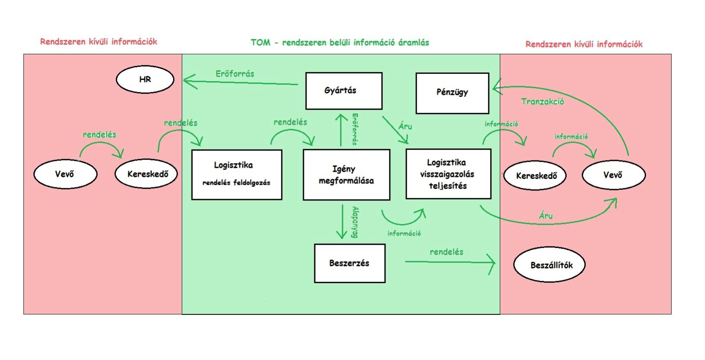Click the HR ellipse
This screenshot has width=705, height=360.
pos(145,79)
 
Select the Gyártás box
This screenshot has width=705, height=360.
pos(344,91)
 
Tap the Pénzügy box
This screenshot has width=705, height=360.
pos(452,93)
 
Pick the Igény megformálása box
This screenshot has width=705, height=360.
pos(346,175)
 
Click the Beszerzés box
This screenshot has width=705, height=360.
pos(349,263)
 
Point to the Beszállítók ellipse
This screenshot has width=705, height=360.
pos(549,265)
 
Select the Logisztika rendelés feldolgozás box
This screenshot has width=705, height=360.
pos(237,174)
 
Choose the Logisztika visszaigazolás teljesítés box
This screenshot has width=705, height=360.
pos(448,174)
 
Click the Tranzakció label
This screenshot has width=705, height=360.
pos(542,101)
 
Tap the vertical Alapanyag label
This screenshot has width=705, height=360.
pos(355,222)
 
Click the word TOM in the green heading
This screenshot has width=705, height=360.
pos(260,43)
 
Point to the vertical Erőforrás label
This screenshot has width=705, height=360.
pos(355,129)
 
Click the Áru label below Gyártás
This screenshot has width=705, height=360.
pos(405,126)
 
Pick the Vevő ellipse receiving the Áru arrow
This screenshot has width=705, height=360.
pos(613,175)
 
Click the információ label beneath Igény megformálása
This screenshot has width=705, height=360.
pos(404,233)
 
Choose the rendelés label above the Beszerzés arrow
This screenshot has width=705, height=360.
pos(447,252)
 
